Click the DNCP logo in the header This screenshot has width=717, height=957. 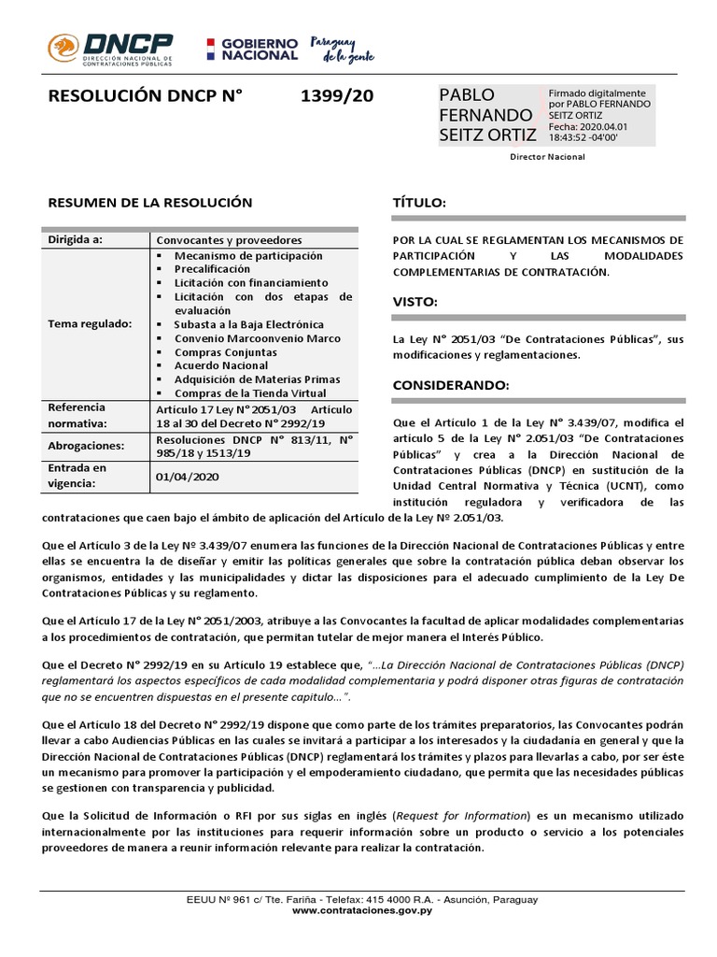pos(110,50)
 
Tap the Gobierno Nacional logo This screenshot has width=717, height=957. pos(251,50)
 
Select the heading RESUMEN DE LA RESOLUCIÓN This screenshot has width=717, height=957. pos(149,202)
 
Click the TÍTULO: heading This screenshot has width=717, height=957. pos(419,204)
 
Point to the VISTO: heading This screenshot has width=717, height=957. pos(415,302)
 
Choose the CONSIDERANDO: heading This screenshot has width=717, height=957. pos(450,385)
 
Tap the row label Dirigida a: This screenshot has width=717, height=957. pos(76,240)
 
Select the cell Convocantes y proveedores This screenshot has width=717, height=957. pos(229,240)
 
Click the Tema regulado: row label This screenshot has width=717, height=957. pos(91,323)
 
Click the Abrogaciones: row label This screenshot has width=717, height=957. pos(87,446)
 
